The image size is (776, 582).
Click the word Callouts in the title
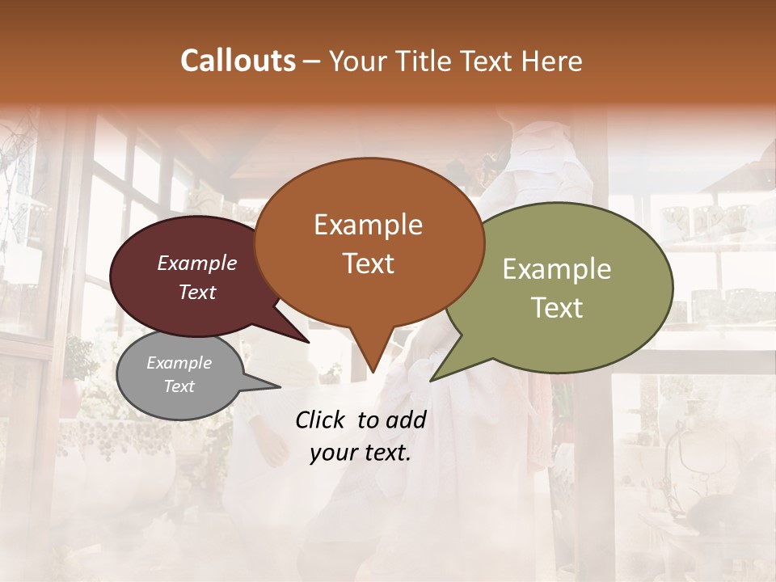pos(238,61)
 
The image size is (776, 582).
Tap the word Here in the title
pos(553,61)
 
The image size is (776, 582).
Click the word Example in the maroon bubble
pos(197,263)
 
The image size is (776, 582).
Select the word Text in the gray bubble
pos(179,386)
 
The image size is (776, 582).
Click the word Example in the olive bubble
pos(557,269)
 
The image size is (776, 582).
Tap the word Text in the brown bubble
pos(369,264)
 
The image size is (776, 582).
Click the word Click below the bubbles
pos(321,420)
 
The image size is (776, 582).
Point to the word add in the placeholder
pos(406,420)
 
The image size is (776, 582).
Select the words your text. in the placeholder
pos(360,453)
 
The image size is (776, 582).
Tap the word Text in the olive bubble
pos(557,308)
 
